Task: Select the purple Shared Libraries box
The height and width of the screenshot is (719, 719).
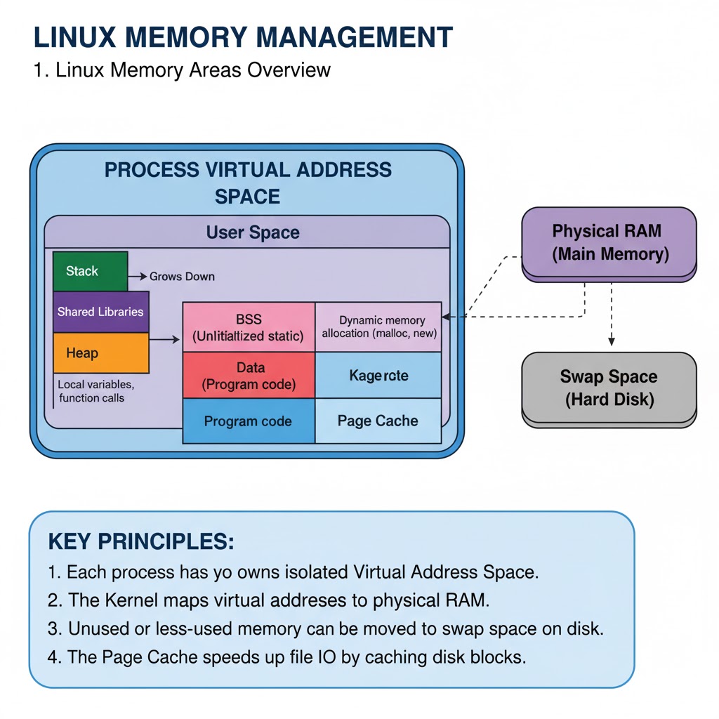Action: coord(101,312)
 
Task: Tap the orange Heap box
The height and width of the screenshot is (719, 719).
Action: coord(101,352)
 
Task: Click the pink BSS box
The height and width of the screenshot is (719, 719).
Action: coord(249,327)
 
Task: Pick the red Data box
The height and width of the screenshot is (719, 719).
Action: coord(249,376)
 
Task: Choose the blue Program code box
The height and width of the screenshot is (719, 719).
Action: coord(249,421)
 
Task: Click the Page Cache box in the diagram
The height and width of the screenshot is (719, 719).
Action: coord(378,421)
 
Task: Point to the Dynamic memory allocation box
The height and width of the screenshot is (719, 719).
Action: coord(378,326)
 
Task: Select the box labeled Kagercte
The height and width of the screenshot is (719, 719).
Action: coord(378,376)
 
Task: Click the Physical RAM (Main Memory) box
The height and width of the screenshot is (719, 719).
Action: coord(609,243)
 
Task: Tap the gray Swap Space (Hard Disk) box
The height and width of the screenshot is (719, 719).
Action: coord(609,388)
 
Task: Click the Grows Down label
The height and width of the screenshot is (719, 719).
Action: coord(182,277)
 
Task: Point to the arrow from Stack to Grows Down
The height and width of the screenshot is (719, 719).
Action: coord(137,277)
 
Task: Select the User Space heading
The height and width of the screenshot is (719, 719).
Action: coord(252,232)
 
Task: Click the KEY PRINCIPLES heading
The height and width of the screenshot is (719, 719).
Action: coord(140,542)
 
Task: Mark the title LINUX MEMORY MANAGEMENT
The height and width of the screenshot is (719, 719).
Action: coord(243,37)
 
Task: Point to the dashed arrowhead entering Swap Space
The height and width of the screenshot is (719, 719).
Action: coord(611,341)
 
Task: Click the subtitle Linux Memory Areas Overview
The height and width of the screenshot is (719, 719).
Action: coord(182,70)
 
